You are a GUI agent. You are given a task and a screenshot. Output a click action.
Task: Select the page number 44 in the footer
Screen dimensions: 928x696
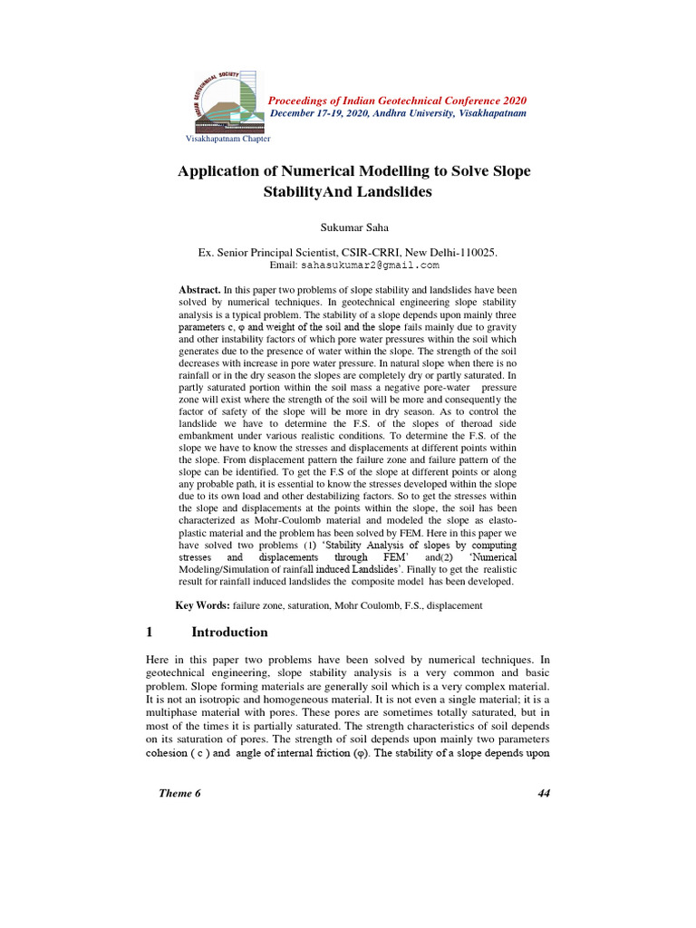544,793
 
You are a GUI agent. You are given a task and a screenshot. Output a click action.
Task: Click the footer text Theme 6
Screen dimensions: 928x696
179,793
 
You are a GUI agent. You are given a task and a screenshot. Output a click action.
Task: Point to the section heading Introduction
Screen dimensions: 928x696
229,632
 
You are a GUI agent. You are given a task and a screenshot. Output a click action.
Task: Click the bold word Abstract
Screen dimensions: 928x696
199,288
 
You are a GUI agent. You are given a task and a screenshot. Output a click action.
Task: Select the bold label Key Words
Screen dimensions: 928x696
202,604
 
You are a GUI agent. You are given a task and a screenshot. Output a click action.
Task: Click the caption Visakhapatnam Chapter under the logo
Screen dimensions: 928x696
227,139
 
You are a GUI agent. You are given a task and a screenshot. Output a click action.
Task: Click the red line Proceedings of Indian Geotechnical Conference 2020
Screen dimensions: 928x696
399,100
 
